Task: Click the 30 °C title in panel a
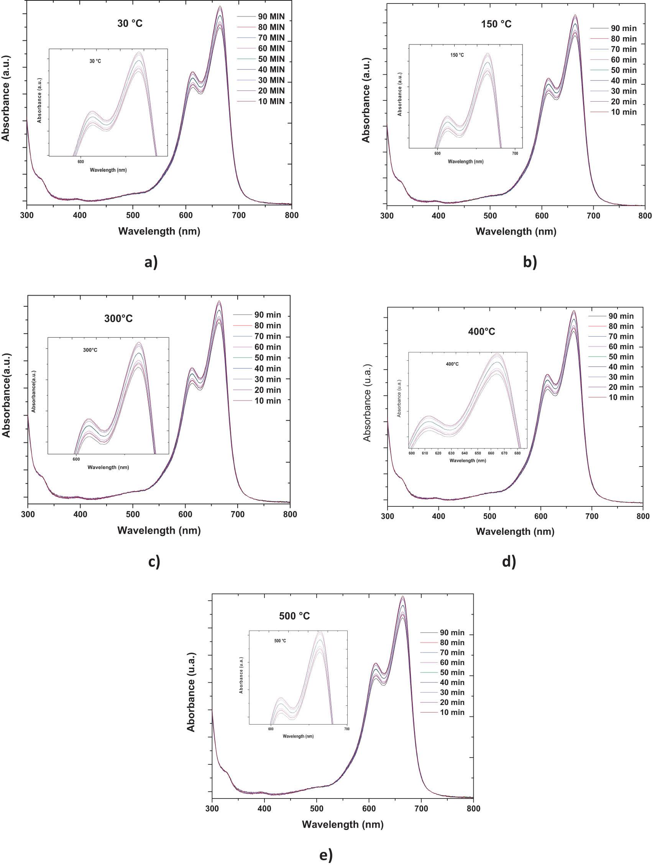tap(130, 23)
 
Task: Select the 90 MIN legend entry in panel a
tap(271, 17)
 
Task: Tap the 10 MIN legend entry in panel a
tap(271, 102)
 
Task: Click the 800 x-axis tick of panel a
tap(292, 215)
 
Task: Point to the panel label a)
tap(151, 262)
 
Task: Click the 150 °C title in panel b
tap(496, 24)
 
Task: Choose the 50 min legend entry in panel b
tap(623, 71)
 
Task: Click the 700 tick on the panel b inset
tap(515, 153)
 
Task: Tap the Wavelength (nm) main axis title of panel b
tap(516, 232)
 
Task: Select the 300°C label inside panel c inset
tap(90, 350)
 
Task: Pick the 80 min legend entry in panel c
tap(267, 326)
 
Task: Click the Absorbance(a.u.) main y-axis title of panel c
tap(6, 395)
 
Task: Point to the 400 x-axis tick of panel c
tap(80, 514)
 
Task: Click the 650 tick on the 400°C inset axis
tap(478, 453)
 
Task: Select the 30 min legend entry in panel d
tap(621, 377)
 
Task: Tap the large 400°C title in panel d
tap(481, 332)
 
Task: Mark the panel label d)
tap(509, 562)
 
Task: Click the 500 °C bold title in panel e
tap(294, 616)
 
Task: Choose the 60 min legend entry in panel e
tap(452, 662)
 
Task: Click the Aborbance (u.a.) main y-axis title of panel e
tap(191, 692)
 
